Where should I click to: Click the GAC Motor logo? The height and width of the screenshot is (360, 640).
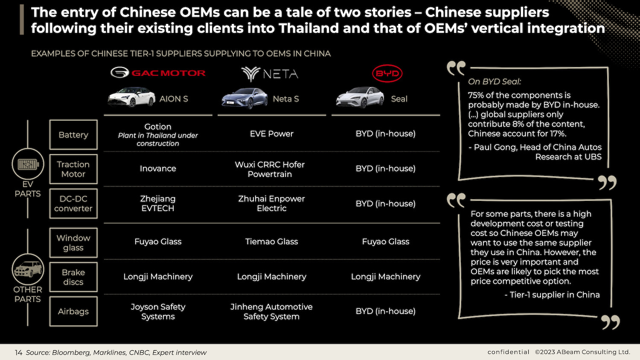(x=158, y=73)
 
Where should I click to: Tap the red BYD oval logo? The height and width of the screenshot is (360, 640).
(x=387, y=73)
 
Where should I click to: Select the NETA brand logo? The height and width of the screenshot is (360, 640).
(x=270, y=74)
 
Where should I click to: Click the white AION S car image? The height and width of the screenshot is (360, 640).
(x=125, y=97)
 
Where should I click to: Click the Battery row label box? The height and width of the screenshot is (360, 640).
(x=73, y=135)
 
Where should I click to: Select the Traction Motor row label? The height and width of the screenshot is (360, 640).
(x=73, y=169)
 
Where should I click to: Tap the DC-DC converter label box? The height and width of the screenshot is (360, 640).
(x=73, y=204)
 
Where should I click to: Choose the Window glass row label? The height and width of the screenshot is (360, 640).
(x=73, y=243)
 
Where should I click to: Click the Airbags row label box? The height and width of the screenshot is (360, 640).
(x=73, y=311)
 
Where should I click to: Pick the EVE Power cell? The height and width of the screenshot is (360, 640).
(x=272, y=134)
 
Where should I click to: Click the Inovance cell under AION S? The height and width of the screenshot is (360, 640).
(x=158, y=168)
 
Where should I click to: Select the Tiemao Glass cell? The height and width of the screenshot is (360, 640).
(x=272, y=241)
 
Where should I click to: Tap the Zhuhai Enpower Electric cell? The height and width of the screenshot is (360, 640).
(x=272, y=203)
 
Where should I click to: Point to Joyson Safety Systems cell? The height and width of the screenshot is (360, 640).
(x=158, y=311)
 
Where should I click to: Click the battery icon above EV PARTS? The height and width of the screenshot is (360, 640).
(x=28, y=164)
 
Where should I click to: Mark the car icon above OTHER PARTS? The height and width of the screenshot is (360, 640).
(x=28, y=270)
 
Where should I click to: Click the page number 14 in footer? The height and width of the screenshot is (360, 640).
(x=18, y=352)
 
